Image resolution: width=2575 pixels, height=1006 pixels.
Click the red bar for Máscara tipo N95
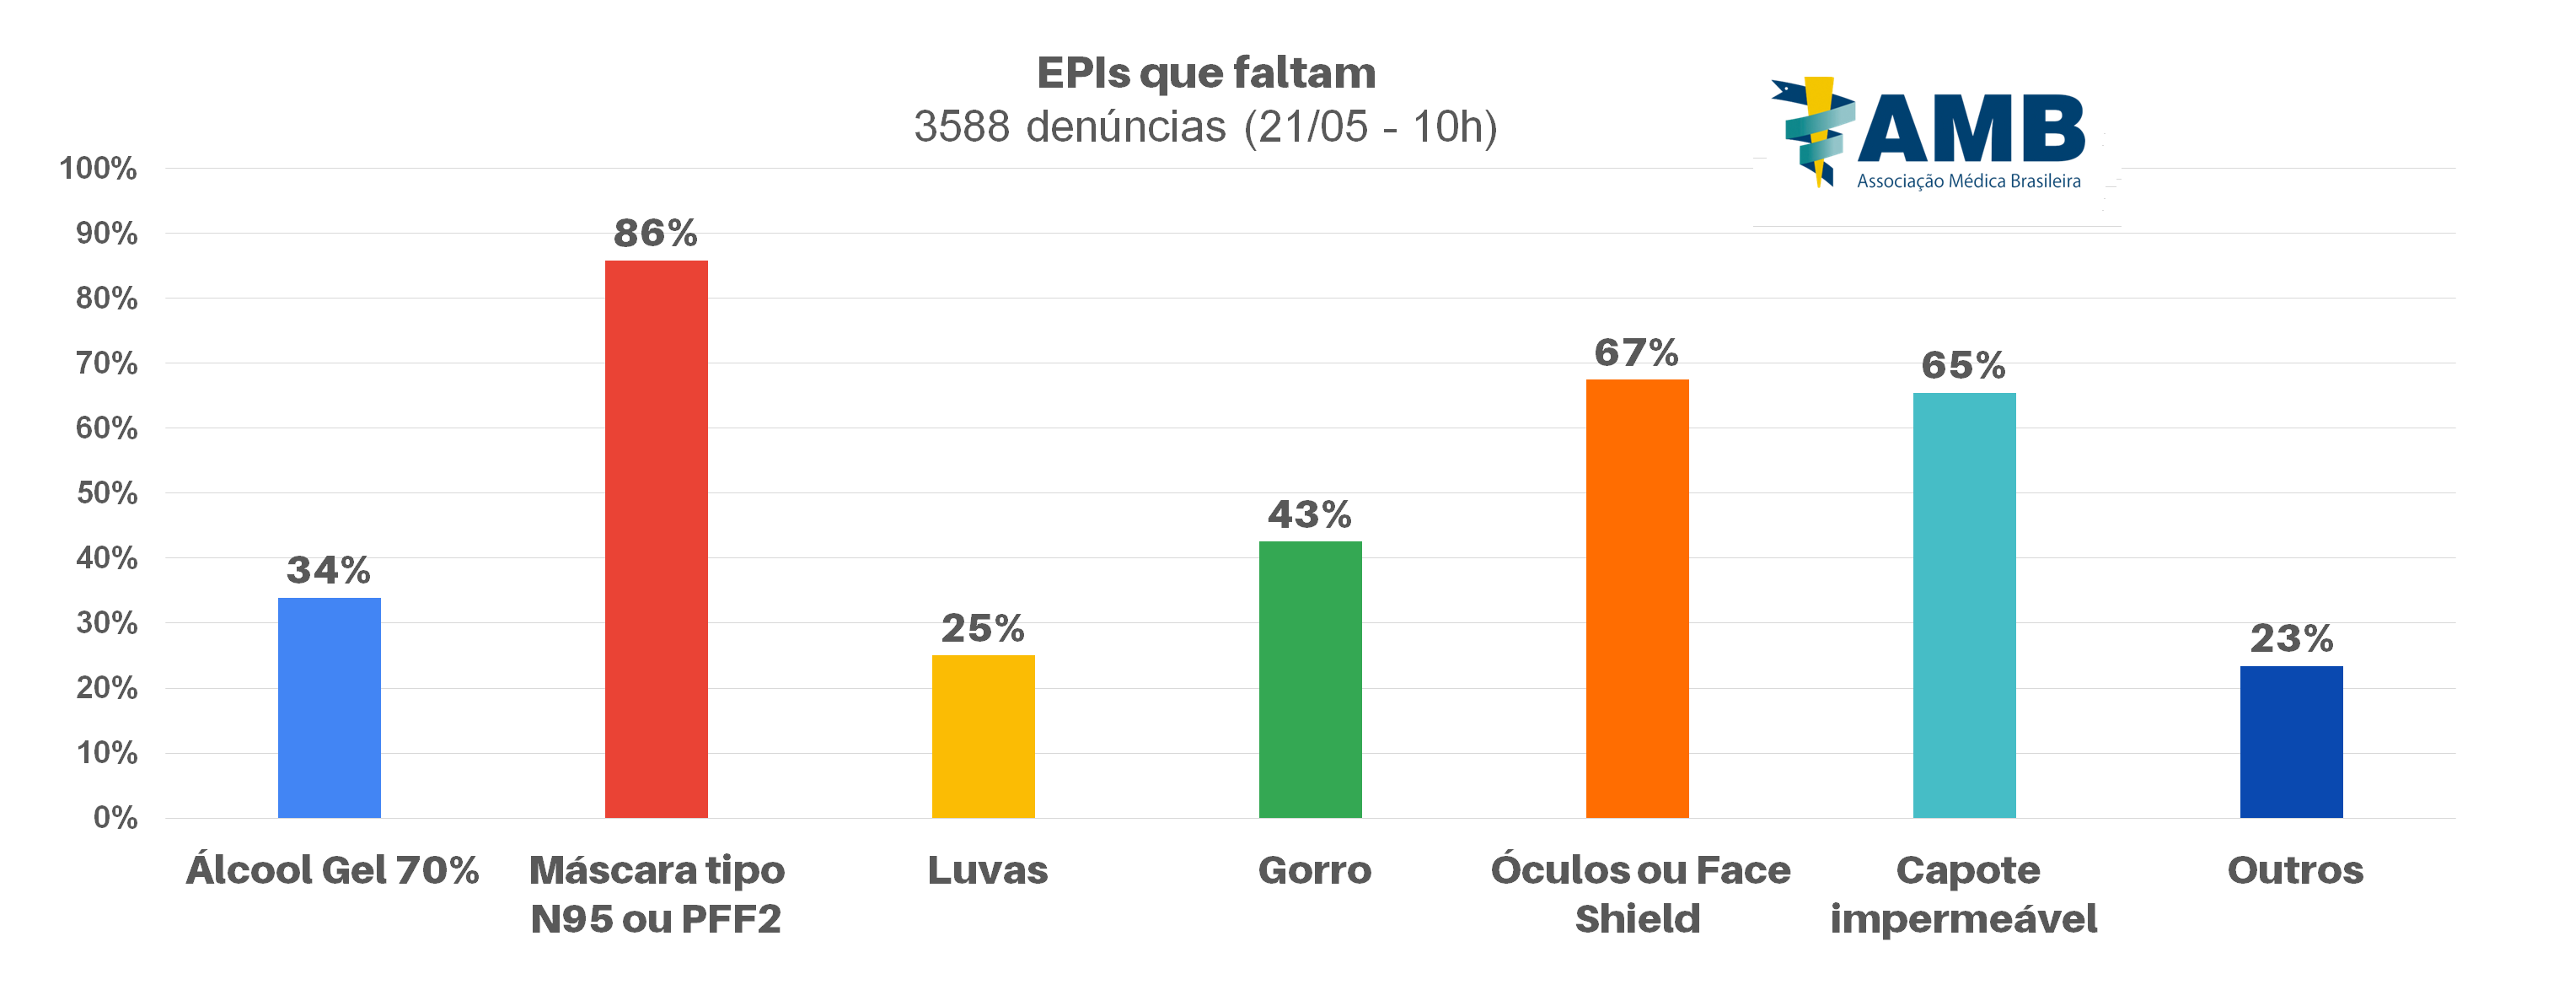coord(656,539)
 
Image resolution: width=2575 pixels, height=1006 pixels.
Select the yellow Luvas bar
coord(983,736)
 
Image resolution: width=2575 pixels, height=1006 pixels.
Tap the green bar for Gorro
coord(1310,679)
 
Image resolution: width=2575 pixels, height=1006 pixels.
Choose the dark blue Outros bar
coord(2290,741)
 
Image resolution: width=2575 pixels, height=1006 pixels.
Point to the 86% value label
coord(655,233)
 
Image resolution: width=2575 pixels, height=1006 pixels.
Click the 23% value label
coord(2291,638)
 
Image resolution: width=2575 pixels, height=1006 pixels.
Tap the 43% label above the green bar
coord(1310,514)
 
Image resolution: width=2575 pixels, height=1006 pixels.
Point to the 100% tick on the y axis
coord(98,168)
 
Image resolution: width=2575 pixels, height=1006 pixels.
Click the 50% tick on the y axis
coord(106,493)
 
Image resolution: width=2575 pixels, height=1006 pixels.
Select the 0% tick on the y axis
coord(115,818)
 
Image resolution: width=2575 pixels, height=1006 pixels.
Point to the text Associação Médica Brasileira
coord(1968,182)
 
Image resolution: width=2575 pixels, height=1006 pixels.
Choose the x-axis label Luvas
coord(988,870)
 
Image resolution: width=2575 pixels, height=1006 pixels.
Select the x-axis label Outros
coord(2295,870)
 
